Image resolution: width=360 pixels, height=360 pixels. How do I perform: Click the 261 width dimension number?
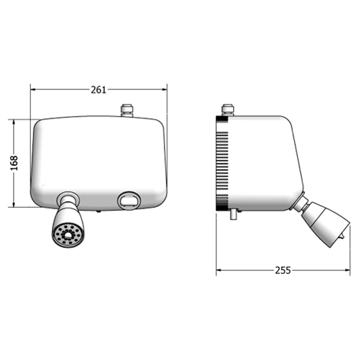click(x=99, y=90)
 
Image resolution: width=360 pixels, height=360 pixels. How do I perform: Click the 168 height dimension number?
click(x=14, y=163)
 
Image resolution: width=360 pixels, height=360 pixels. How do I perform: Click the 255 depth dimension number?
click(x=283, y=270)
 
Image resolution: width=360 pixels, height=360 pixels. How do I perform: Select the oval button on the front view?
click(x=129, y=201)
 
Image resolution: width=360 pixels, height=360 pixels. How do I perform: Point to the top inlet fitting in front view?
click(x=127, y=111)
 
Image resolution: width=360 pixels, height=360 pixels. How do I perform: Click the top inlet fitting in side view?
click(x=228, y=110)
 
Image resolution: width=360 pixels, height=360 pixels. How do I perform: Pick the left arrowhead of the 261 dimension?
click(x=33, y=89)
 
